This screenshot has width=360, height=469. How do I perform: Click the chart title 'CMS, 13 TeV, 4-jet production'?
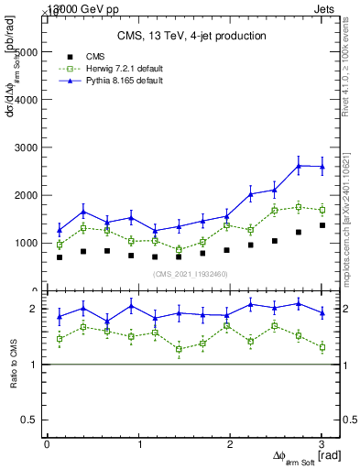tap(191, 36)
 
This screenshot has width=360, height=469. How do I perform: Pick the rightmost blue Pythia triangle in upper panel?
tap(322, 167)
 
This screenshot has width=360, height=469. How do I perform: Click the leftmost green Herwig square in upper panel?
tap(60, 245)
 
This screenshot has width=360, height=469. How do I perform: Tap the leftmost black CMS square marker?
tap(60, 257)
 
